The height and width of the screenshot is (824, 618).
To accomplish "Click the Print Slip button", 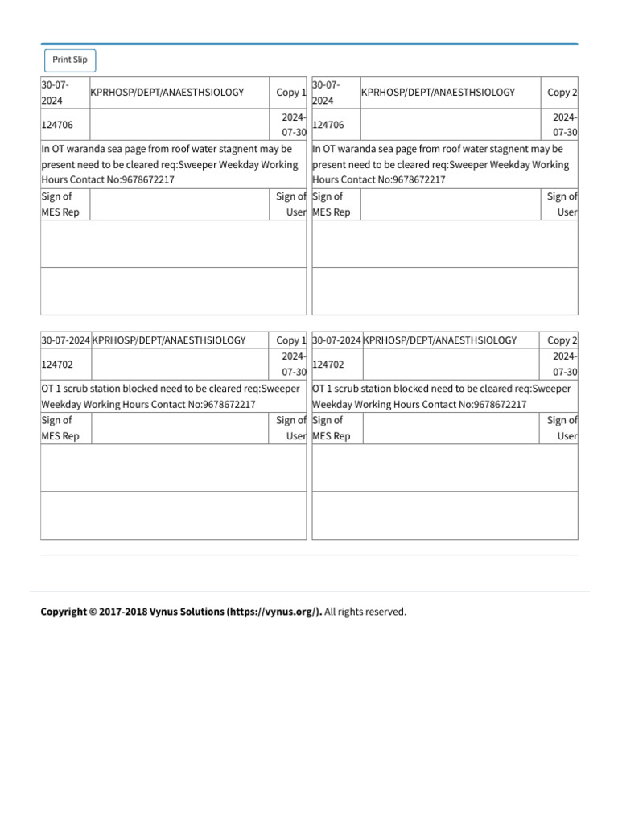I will point(70,60).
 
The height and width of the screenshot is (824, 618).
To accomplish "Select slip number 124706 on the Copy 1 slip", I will point(56,125).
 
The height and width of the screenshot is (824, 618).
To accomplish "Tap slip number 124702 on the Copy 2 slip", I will point(328,365).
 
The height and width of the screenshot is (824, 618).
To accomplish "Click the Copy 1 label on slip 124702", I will point(290,340).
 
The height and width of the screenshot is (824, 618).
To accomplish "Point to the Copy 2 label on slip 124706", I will point(562,93).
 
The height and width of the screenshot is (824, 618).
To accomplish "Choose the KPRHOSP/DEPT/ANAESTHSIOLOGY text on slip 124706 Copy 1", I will point(167,93).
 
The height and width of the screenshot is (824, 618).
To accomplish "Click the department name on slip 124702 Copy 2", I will point(440,340).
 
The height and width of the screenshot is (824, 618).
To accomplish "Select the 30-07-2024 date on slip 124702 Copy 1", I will point(65,340).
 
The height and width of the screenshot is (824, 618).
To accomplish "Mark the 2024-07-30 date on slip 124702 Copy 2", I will point(565,364).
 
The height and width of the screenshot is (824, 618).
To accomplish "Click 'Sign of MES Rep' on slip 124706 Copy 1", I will point(60,204).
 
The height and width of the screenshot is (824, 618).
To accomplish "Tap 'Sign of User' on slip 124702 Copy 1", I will point(290,428).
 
